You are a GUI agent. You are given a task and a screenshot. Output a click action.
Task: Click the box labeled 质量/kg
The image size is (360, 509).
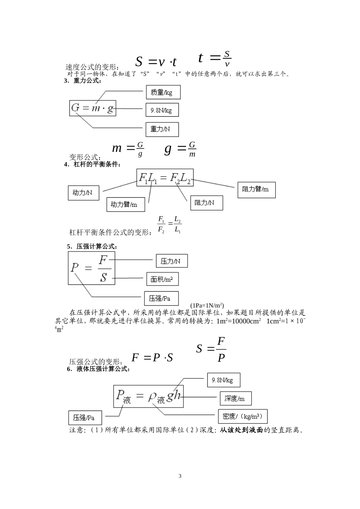point(163,92)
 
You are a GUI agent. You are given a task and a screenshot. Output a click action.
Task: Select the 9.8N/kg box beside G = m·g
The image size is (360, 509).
point(162,110)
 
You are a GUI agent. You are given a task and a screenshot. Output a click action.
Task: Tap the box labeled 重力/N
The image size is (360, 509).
point(162,129)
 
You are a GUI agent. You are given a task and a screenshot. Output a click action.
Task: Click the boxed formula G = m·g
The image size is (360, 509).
point(92,108)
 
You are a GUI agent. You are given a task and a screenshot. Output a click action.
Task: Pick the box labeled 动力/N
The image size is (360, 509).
point(83,193)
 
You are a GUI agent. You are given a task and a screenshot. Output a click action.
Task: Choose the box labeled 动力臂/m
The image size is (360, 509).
point(125,205)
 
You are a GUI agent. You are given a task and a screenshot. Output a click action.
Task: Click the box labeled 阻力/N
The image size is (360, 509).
point(206,203)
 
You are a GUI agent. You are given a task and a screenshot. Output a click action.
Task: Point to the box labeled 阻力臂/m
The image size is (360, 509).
point(256,190)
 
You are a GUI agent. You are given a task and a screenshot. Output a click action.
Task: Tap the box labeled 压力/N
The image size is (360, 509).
point(172,261)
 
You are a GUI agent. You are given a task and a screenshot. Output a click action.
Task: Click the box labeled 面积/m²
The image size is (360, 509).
point(162,279)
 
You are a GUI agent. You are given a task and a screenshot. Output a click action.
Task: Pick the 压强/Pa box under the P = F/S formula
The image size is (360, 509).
point(161,298)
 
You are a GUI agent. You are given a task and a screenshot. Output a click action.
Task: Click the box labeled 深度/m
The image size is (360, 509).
point(235,398)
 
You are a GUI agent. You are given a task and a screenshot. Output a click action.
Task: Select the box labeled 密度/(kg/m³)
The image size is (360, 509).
point(243,416)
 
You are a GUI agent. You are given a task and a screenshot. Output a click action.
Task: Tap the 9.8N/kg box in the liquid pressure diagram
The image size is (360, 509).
point(224,380)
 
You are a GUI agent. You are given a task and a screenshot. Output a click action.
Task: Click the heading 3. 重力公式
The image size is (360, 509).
point(83,81)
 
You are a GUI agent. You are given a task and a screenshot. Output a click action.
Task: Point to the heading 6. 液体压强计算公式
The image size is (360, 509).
point(99,369)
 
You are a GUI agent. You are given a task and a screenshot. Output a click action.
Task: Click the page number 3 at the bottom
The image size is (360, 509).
point(180,476)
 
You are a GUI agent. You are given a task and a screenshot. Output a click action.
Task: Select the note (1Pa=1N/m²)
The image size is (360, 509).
point(207,305)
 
